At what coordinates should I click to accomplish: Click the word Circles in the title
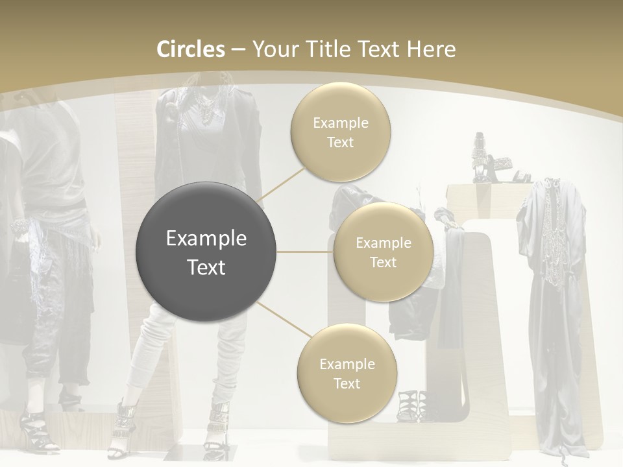[x=190, y=49]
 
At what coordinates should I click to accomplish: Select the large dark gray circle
[x=206, y=252]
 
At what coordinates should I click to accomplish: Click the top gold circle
[x=340, y=132]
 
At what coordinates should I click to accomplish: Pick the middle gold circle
[x=383, y=252]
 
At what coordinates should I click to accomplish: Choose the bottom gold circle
[x=347, y=373]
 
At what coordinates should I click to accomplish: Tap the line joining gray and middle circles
[x=304, y=252]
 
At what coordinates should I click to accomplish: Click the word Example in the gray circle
[x=206, y=239]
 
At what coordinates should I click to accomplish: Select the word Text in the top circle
[x=340, y=143]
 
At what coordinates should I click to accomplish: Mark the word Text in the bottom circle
[x=347, y=383]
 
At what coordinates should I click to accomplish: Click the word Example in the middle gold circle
[x=383, y=243]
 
